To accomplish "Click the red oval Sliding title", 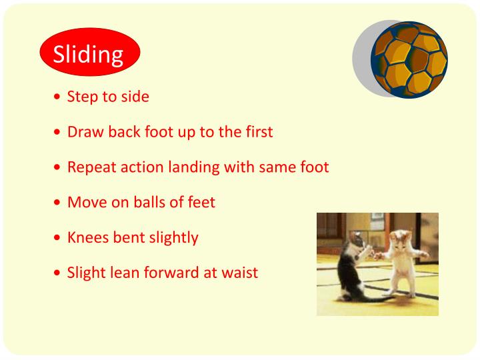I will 89,53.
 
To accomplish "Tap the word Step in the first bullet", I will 82,97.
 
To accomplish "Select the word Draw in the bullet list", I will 83,131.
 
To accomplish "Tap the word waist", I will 239,272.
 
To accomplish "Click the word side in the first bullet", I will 135,97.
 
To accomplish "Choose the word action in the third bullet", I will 135,167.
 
